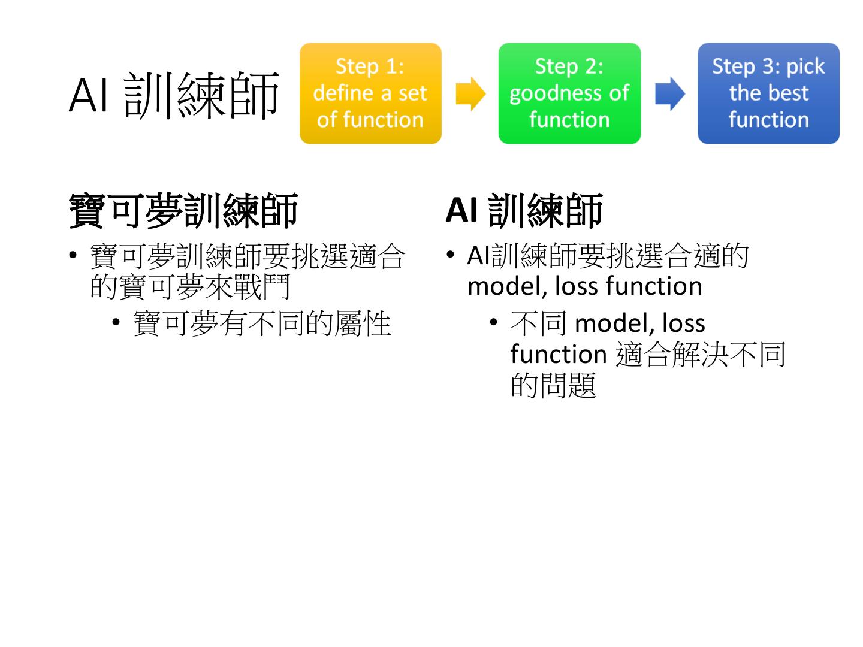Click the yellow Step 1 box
(x=370, y=93)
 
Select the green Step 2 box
(x=569, y=93)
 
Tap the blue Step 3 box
(x=768, y=93)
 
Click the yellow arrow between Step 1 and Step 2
(x=470, y=94)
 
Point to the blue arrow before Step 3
(x=669, y=94)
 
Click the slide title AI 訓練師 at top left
(x=174, y=95)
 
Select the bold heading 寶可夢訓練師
(x=183, y=211)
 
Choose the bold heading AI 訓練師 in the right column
(x=524, y=211)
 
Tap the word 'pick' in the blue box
(x=805, y=66)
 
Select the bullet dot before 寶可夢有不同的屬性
(x=116, y=323)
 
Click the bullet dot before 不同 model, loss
(x=494, y=323)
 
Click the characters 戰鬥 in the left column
(x=262, y=287)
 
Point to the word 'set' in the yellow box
(x=412, y=93)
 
